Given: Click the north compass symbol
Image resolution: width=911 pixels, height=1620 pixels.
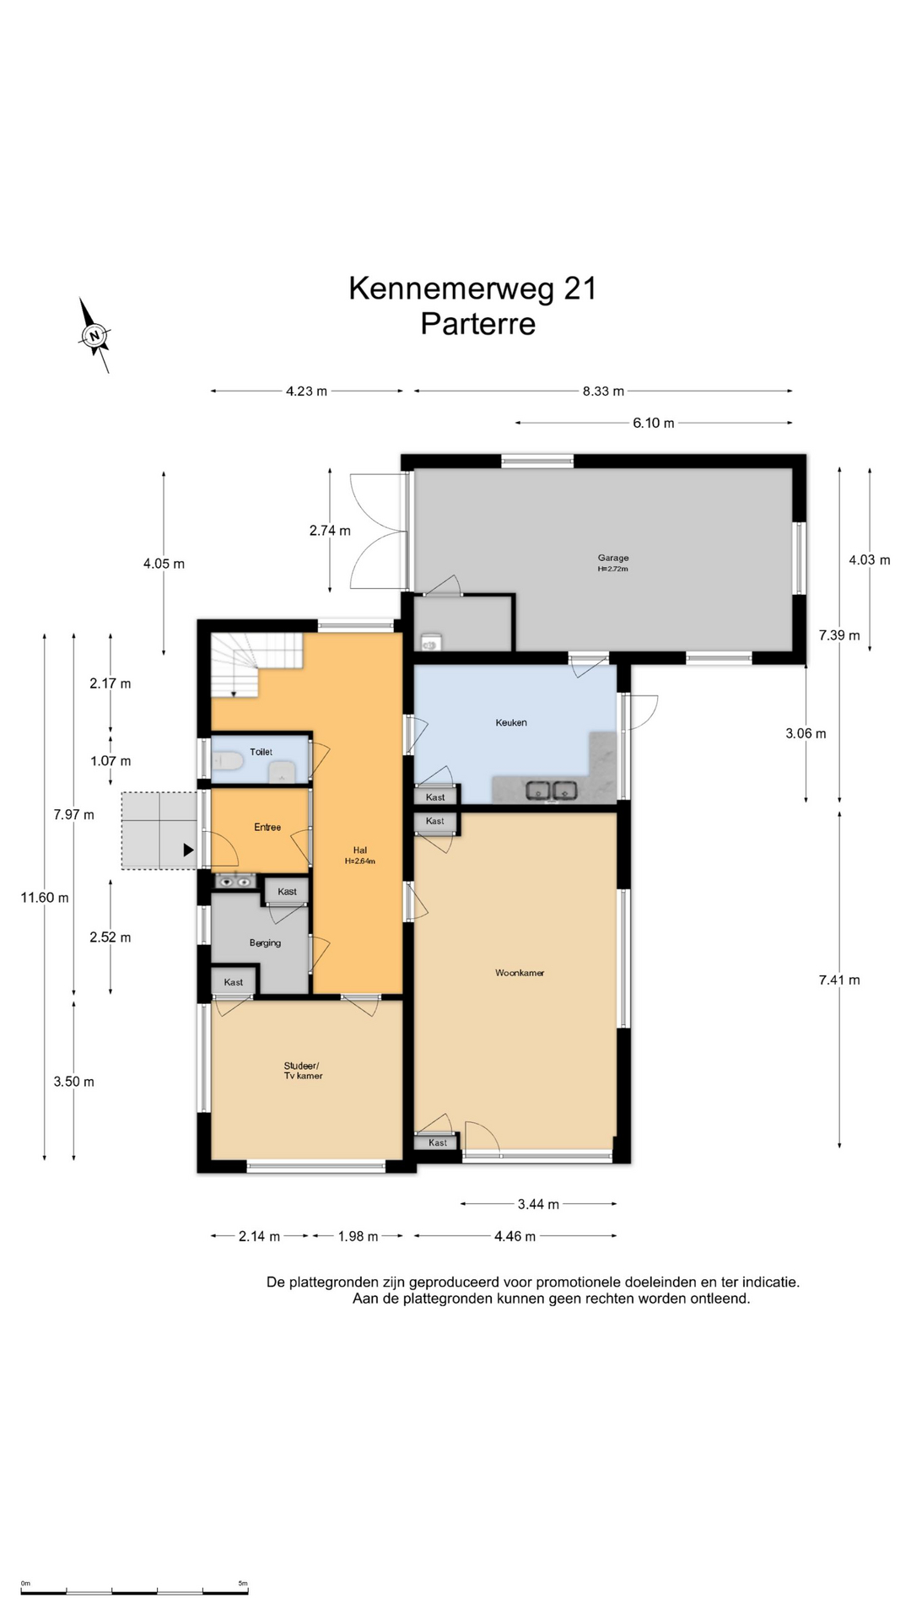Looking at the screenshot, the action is pyautogui.click(x=94, y=336).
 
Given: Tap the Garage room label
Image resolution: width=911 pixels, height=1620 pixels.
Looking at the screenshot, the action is pyautogui.click(x=613, y=558).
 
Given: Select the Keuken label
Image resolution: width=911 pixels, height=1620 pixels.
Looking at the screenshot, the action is pyautogui.click(x=511, y=722).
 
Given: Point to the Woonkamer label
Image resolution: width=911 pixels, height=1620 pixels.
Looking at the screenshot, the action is pyautogui.click(x=520, y=973).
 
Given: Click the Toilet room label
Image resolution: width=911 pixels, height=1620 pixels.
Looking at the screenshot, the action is pyautogui.click(x=261, y=752).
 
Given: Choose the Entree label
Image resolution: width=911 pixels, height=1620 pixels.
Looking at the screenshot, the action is pyautogui.click(x=267, y=827).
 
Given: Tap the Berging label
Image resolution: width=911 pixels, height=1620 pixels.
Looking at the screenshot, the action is pyautogui.click(x=265, y=942).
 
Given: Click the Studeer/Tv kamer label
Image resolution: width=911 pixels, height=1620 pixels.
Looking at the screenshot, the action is pyautogui.click(x=303, y=1071).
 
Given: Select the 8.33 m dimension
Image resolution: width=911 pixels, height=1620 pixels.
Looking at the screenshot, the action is pyautogui.click(x=603, y=391).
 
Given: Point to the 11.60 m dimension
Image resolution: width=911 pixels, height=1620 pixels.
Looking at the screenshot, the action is pyautogui.click(x=45, y=898).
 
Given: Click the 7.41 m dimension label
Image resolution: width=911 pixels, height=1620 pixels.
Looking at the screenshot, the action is pyautogui.click(x=839, y=980).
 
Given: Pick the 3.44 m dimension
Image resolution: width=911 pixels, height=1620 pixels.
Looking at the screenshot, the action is pyautogui.click(x=538, y=1204).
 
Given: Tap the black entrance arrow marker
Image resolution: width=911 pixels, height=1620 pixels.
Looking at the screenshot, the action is pyautogui.click(x=189, y=850).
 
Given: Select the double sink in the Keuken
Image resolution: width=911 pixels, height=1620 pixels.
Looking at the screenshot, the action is pyautogui.click(x=552, y=791).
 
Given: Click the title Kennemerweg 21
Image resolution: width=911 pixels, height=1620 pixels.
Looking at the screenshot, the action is pyautogui.click(x=473, y=289).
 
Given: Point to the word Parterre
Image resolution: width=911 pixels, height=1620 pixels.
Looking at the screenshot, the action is pyautogui.click(x=478, y=324).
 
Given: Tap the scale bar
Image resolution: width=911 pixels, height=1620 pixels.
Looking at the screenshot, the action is pyautogui.click(x=134, y=1591).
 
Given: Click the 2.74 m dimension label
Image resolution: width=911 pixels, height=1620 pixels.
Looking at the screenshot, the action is pyautogui.click(x=330, y=531).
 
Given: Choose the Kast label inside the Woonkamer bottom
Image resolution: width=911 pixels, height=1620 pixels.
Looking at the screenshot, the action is pyautogui.click(x=438, y=1142).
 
